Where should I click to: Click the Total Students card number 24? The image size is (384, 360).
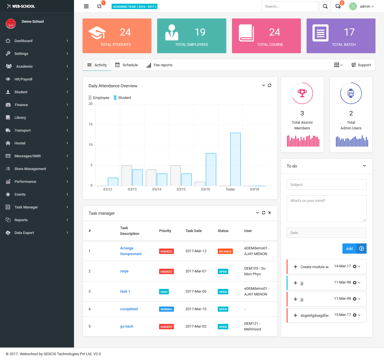coord(125,32)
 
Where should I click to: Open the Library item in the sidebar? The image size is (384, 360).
coord(20,117)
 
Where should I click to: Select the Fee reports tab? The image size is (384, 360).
coord(160,65)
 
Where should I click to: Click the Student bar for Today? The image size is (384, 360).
coord(235,159)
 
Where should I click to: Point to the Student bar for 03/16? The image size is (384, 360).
coord(211,169)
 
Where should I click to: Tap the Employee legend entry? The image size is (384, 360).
coord(99,98)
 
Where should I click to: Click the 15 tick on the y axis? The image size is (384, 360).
coord(91,124)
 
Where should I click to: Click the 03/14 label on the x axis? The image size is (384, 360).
coord(157,189)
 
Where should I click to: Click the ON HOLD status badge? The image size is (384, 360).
coord(225,251)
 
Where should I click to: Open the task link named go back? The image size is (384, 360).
coord(127,326)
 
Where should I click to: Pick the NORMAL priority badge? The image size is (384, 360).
coord(166,309)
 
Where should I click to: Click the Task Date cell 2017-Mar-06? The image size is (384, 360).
coord(196,291)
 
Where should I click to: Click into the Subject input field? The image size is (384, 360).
coord(326,185)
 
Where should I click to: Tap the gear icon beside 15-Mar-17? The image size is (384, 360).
coord(354,315)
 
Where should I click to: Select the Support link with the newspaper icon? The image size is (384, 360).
coord(361,65)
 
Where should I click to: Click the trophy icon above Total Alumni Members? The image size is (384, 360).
coord(302,93)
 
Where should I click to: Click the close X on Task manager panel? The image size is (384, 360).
coord(270,213)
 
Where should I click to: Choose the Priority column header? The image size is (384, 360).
coord(165,231)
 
